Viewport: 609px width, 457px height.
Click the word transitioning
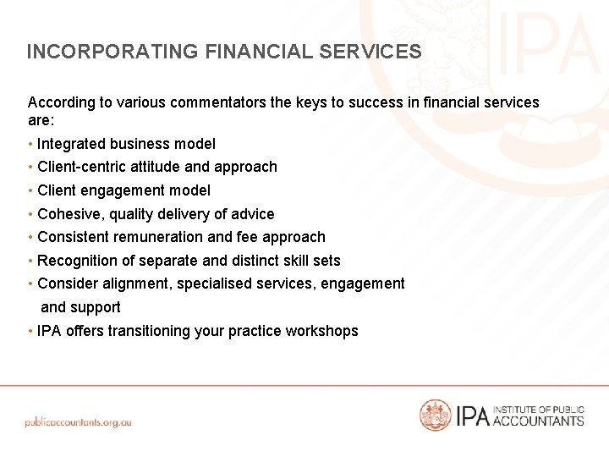[148, 331]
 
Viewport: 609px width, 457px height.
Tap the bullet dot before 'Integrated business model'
[30, 144]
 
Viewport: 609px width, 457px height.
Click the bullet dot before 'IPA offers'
[30, 331]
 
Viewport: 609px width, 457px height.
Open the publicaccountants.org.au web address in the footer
[78, 421]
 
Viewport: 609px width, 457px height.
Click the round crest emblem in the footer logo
[436, 415]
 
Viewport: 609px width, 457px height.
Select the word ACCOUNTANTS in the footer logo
[538, 421]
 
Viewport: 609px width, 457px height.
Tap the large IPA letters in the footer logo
[473, 416]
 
